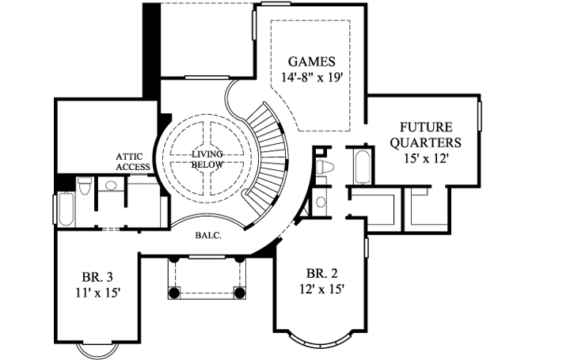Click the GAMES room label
point(311,62)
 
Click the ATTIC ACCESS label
point(133,161)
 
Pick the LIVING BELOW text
point(208,159)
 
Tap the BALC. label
point(207,234)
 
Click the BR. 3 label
point(97,277)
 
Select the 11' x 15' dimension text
point(97,292)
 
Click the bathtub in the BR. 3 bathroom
point(66,207)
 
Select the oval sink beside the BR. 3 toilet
point(111,186)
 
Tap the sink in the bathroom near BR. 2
point(320,201)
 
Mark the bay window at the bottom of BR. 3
point(101,348)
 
